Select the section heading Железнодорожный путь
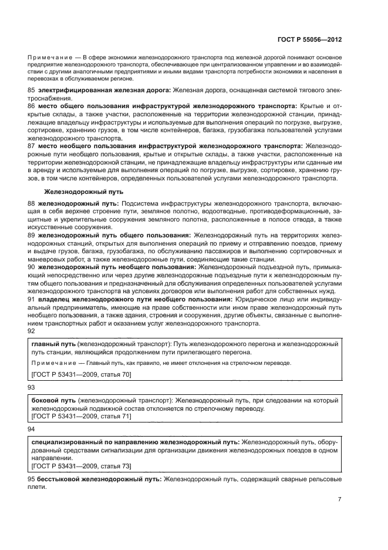tap(83, 192)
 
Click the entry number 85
tap(32, 89)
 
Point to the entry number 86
tap(32, 106)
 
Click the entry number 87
tap(32, 145)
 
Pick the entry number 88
tap(32, 203)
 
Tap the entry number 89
tap(32, 235)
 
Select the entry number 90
tap(32, 267)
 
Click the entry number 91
tap(32, 299)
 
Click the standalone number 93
tap(32, 388)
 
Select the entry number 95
tap(32, 479)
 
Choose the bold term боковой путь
tap(53, 400)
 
